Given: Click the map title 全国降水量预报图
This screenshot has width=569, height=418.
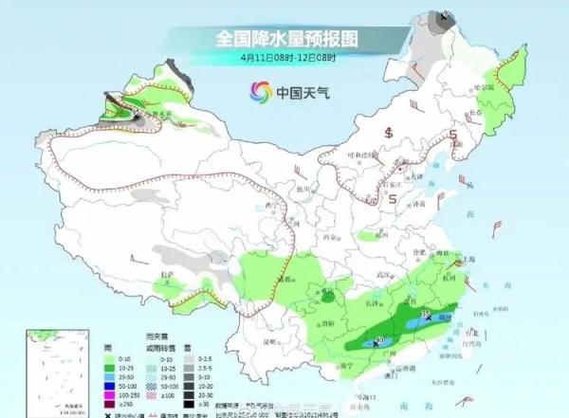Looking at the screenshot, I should [285, 39].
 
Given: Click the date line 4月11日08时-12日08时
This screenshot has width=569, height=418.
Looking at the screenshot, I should [285, 57].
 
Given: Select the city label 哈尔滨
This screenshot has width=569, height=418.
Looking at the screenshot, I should [486, 86].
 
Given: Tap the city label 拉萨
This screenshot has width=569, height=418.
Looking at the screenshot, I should [168, 274].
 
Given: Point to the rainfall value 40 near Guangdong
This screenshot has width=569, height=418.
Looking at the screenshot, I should [380, 337].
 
